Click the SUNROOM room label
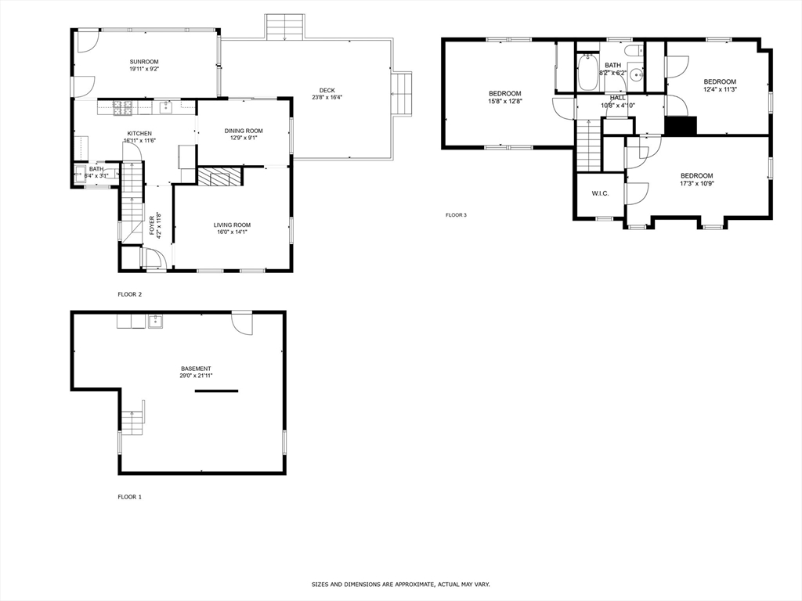pos(144,62)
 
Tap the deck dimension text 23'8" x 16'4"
pos(326,98)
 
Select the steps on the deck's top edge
pos(284,27)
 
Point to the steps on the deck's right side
pos(402,93)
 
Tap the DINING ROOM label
pos(244,131)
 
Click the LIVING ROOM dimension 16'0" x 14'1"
pos(232,232)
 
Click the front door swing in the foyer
pos(153,259)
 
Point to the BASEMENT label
pos(196,369)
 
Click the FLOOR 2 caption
pos(129,294)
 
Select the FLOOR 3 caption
pos(456,214)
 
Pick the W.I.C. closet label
pos(601,193)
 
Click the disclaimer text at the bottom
pos(400,585)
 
